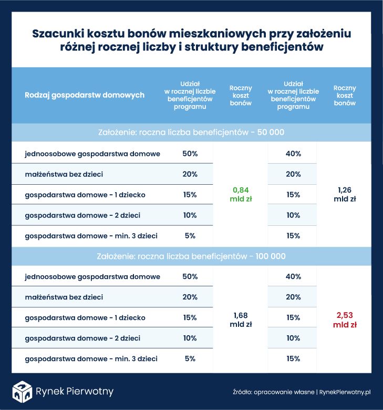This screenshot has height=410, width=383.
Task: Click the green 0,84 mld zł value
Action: point(241,194)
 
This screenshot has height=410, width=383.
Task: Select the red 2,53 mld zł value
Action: point(345,319)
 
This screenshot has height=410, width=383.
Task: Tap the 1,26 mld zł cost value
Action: point(345,194)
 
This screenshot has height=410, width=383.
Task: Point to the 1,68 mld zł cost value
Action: point(241,319)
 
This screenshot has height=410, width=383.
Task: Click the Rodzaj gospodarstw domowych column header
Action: point(85,95)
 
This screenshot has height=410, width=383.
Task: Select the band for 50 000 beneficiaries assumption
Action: point(191,133)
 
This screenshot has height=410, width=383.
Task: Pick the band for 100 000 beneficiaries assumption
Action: point(191,256)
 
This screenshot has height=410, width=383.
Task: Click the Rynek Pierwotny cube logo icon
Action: point(22,391)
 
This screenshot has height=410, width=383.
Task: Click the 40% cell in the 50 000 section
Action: point(293,154)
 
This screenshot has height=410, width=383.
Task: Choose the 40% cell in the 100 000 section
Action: point(293,277)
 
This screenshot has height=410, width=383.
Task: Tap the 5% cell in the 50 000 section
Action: point(190,236)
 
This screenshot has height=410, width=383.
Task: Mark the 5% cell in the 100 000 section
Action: point(190,359)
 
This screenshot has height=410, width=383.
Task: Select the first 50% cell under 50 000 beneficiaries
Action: point(190,154)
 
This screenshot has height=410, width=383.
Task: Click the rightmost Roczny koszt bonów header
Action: point(345,95)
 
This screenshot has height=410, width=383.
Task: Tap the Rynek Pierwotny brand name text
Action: point(74,392)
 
